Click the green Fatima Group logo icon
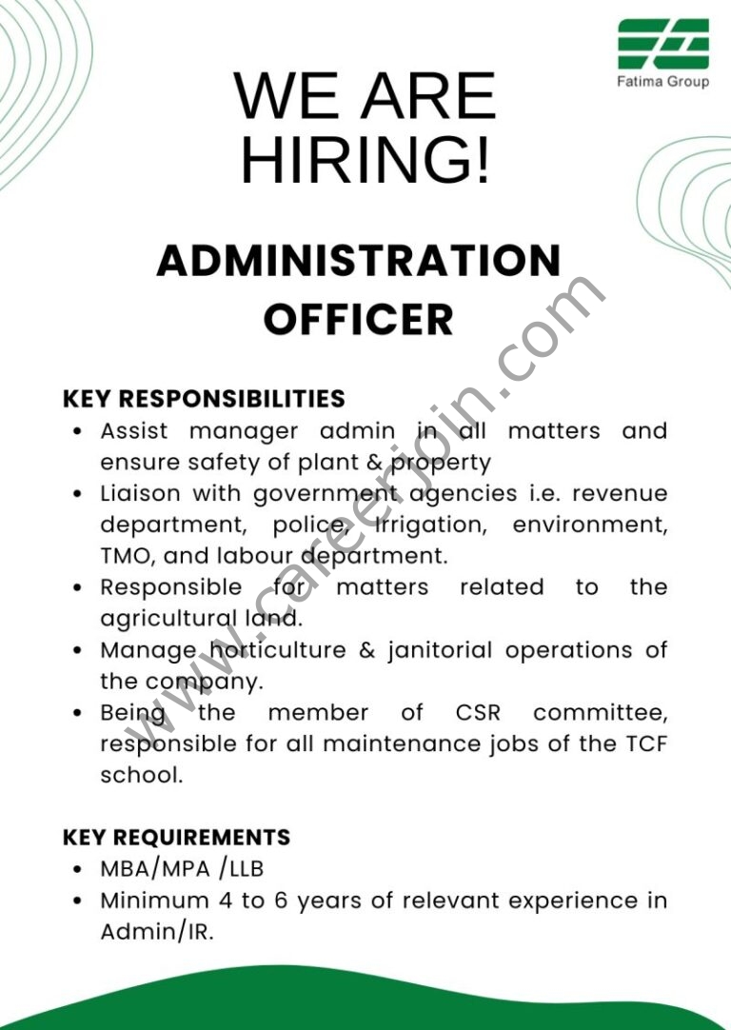(x=663, y=43)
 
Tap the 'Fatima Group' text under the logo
(x=664, y=82)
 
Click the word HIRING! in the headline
(x=366, y=159)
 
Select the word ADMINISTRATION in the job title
(x=359, y=261)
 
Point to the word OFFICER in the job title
(x=358, y=319)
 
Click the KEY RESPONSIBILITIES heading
(x=204, y=398)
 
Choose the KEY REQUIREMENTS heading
(x=176, y=838)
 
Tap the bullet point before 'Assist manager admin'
(x=80, y=432)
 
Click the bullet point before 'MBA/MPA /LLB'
(x=80, y=870)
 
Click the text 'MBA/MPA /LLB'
(x=181, y=869)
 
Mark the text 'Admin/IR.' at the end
(x=157, y=932)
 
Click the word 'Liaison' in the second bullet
(x=141, y=494)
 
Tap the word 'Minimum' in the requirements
(x=154, y=901)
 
